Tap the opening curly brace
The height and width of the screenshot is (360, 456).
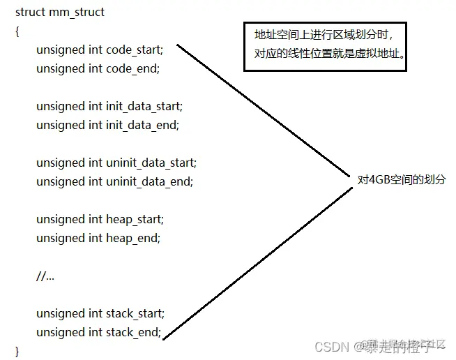[x=17, y=31]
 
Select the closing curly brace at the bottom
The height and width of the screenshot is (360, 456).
[x=17, y=350]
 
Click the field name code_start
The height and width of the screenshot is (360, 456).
[x=134, y=50]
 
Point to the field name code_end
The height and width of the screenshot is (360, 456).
[x=132, y=68]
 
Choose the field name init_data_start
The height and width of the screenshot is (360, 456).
[x=144, y=107]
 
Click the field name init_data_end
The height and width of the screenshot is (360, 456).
[x=142, y=126]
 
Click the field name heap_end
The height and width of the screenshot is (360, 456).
[x=133, y=239]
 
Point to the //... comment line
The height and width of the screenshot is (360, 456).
[x=45, y=276]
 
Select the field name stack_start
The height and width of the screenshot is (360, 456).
[x=135, y=314]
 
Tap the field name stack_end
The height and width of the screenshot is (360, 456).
[x=134, y=332]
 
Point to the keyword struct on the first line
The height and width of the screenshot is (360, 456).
[x=30, y=13]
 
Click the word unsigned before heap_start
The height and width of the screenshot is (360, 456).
[x=60, y=220]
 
